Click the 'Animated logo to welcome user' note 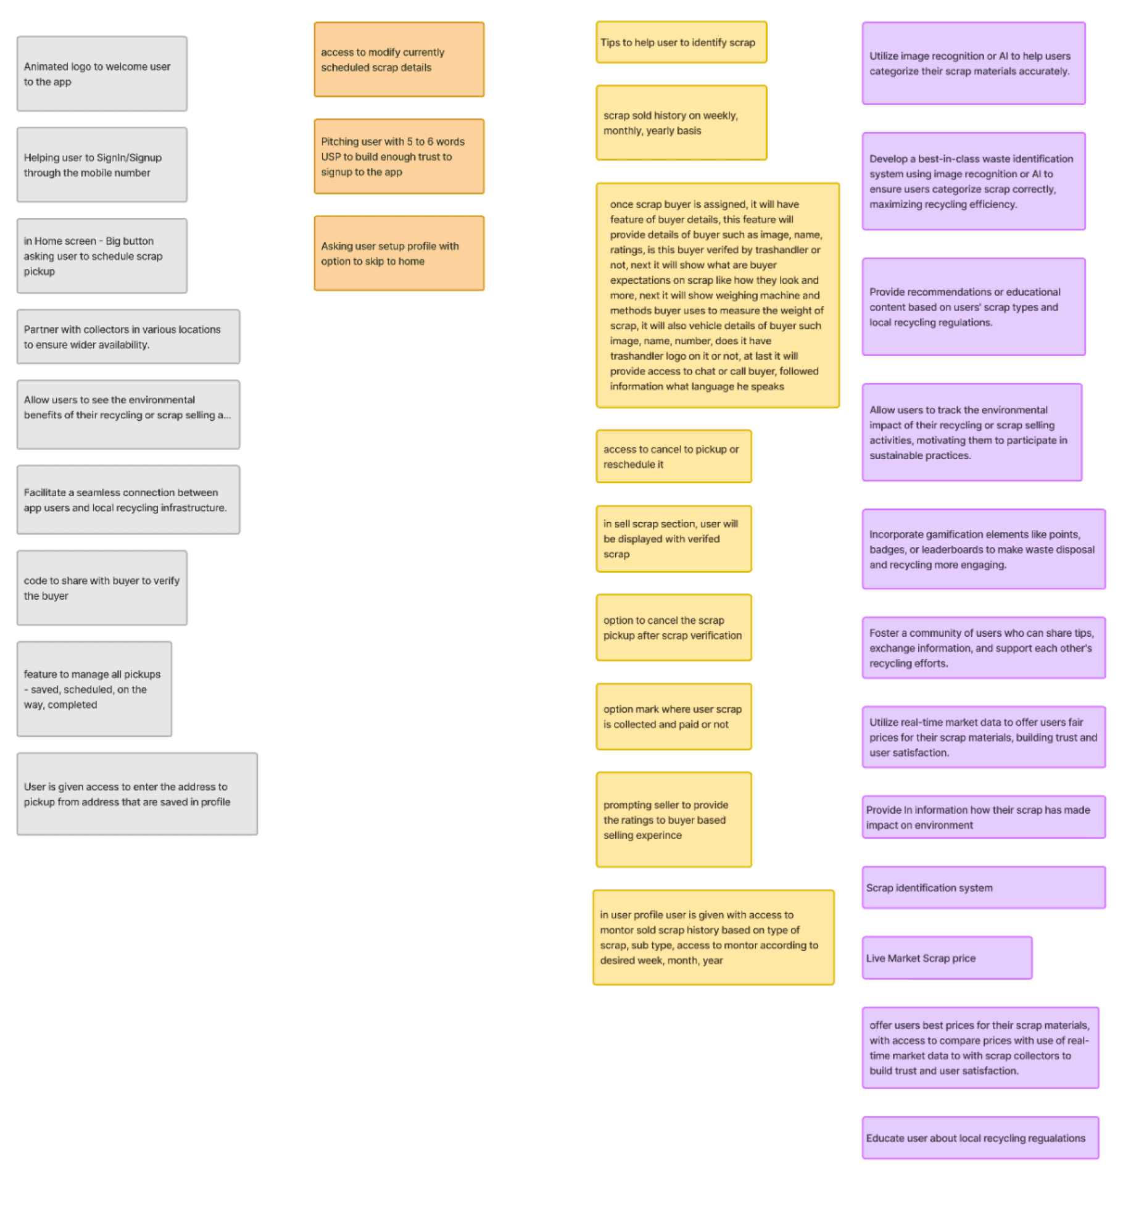[x=102, y=74]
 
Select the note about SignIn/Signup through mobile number [x=102, y=165]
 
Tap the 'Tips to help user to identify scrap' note [x=681, y=43]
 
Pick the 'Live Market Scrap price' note [x=947, y=958]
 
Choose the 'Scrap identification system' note [x=984, y=887]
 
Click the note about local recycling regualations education [x=980, y=1138]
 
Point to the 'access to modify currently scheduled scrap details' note [x=399, y=60]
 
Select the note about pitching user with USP [x=399, y=156]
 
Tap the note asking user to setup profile [x=399, y=253]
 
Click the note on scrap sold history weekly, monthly [x=681, y=123]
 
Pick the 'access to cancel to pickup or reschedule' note [x=673, y=457]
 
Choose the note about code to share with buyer [x=102, y=588]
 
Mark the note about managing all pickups [x=94, y=689]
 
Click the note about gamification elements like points [x=984, y=549]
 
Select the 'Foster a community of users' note [x=984, y=648]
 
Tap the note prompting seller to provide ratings [x=673, y=819]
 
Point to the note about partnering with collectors [x=128, y=337]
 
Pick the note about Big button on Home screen [x=102, y=255]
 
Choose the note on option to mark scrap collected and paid [x=673, y=716]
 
